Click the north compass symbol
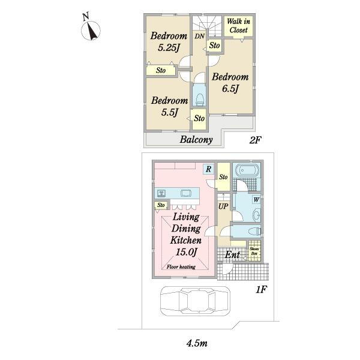(91, 28)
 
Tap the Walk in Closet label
(238, 25)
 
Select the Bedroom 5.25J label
(169, 42)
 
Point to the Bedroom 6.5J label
(230, 83)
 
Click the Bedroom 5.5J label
(169, 107)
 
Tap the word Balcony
(196, 140)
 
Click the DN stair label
(199, 36)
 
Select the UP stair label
(223, 206)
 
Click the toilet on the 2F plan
(200, 99)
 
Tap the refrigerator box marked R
(208, 169)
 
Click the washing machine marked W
(256, 200)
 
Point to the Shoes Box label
(254, 251)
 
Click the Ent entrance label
(232, 254)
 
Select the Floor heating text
(181, 267)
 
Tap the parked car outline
(195, 301)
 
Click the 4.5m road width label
(197, 343)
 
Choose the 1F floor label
(261, 290)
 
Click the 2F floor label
(256, 140)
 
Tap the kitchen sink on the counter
(186, 193)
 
